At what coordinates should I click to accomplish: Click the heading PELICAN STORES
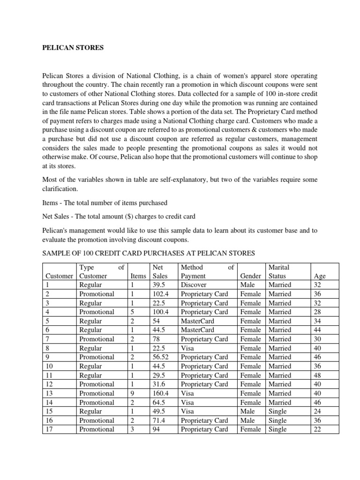pos(68,47)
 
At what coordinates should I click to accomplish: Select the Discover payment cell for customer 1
pos(194,285)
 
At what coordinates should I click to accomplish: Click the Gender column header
pos(250,276)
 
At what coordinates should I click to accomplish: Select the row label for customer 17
pos(49,429)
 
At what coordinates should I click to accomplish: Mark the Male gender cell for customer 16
pos(247,420)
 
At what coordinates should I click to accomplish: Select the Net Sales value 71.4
pos(161,420)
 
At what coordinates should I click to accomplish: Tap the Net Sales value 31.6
pos(161,384)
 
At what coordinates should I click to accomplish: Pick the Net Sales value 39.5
pos(161,285)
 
